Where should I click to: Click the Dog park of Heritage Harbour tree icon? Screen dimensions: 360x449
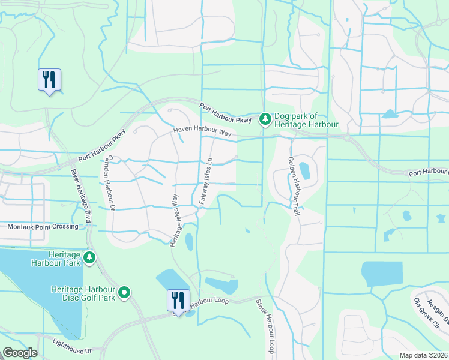click(265, 120)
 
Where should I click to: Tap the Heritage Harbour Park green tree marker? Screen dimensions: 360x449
click(89, 258)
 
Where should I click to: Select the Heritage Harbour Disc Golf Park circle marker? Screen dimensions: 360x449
click(124, 293)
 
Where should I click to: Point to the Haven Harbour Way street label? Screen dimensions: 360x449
click(202, 131)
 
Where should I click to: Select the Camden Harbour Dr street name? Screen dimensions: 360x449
click(111, 183)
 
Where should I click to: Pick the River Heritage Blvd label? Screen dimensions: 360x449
click(79, 196)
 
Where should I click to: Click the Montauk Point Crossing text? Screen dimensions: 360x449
click(43, 227)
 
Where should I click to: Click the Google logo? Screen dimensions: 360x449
click(20, 353)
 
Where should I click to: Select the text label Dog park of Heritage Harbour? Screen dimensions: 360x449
click(306, 121)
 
